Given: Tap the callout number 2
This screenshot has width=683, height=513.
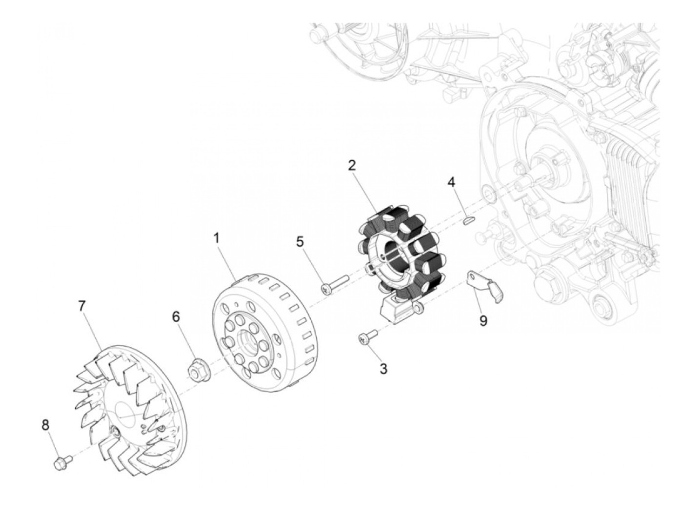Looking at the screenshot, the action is click(351, 165).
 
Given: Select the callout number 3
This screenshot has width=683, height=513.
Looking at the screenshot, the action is click(383, 369).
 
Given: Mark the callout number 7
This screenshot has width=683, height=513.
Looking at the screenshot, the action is click(81, 306).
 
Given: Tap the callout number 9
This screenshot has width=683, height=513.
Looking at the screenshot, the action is click(483, 321).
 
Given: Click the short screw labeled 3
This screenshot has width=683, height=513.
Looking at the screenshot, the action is click(368, 337).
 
